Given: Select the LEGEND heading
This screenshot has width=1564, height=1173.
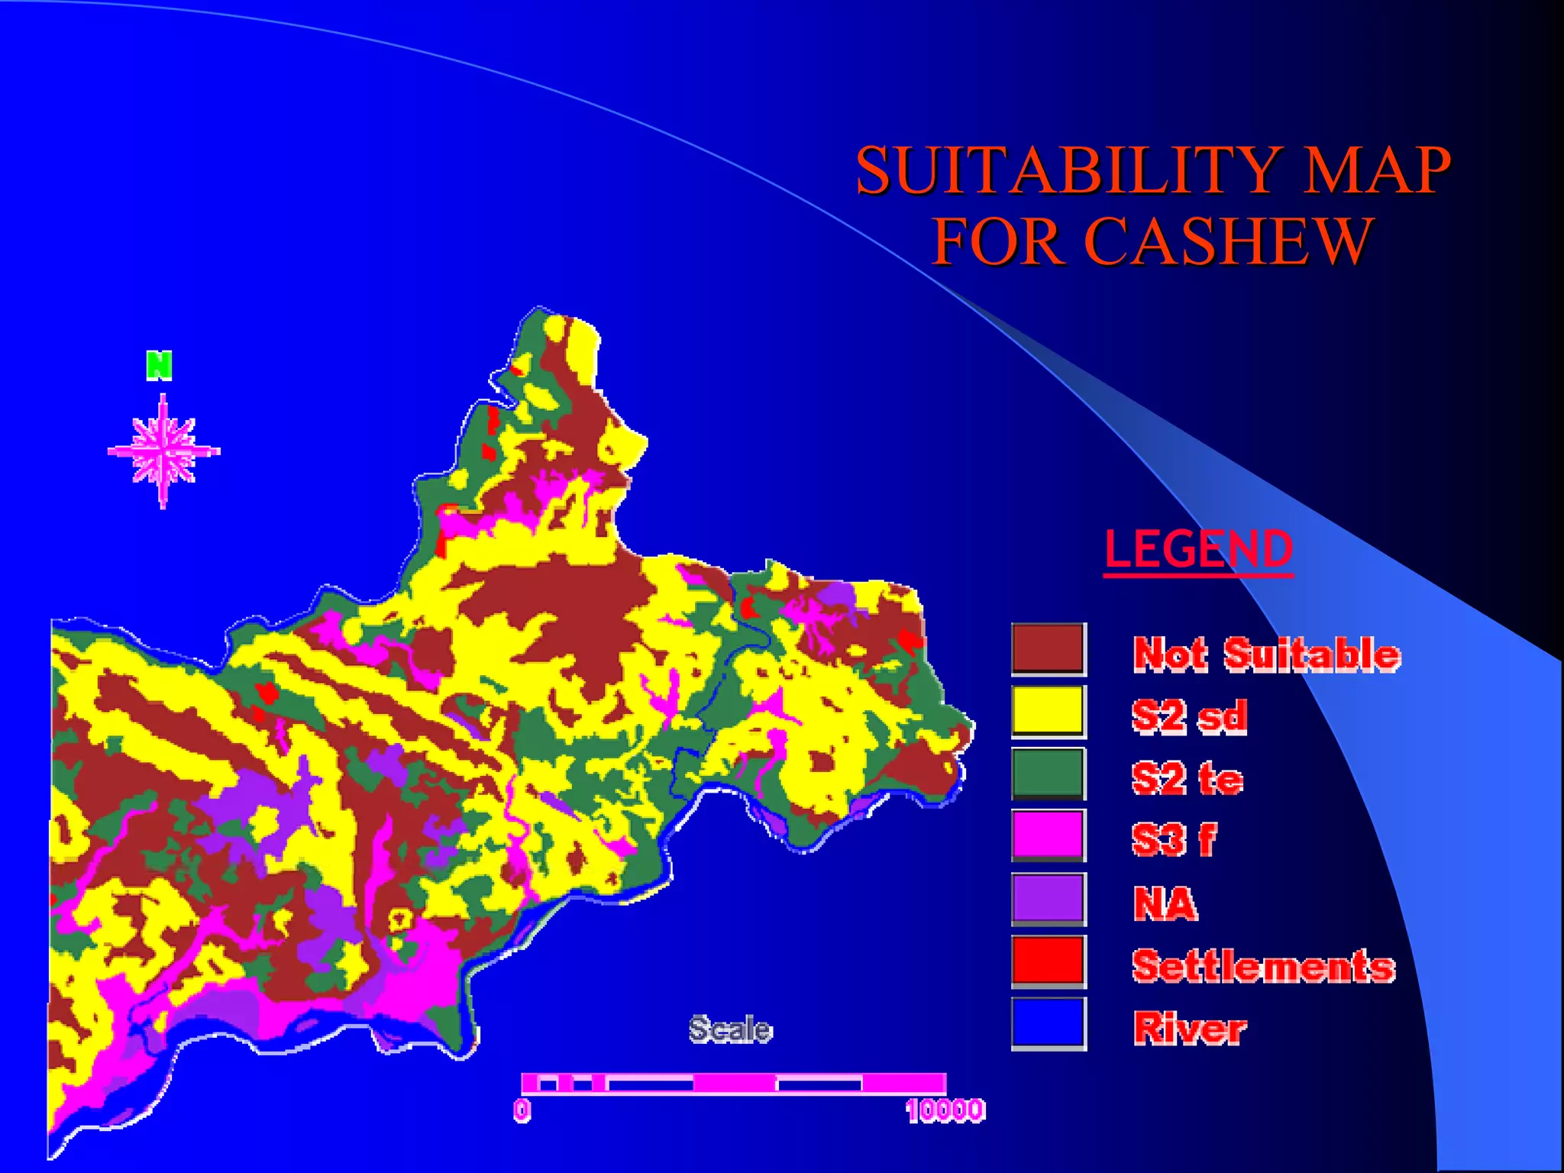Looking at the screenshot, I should tap(1198, 549).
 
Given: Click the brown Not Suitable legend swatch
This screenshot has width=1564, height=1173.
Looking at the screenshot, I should tap(1048, 649).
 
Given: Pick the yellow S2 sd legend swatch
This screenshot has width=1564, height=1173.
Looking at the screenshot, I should tap(1048, 711).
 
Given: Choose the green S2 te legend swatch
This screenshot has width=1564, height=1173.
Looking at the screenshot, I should tap(1048, 774).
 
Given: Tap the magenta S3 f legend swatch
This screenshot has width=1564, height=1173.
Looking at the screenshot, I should tap(1048, 835).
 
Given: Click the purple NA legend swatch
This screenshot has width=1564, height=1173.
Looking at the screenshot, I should tap(1048, 898).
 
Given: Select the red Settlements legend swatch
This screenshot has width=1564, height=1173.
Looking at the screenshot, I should tap(1048, 960).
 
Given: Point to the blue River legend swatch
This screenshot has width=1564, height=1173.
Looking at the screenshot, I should tap(1048, 1023).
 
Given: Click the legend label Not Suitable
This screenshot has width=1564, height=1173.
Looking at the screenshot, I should tap(1266, 654).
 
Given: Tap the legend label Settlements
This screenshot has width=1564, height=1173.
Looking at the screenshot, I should tap(1263, 966).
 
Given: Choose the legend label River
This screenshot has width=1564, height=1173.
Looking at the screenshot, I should tap(1190, 1028).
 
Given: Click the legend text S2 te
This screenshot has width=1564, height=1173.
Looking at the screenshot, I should tap(1188, 779).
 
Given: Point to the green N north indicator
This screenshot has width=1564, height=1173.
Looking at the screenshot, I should tap(159, 366).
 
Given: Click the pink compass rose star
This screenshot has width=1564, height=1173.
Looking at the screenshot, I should tap(163, 451).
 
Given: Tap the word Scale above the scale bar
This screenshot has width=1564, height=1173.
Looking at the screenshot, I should tap(730, 1029).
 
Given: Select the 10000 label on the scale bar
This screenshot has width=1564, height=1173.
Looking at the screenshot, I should tap(945, 1110).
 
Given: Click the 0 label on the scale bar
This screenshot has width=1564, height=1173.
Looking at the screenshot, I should tap(522, 1110).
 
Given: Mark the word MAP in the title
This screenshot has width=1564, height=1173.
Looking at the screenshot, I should tap(1375, 170).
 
